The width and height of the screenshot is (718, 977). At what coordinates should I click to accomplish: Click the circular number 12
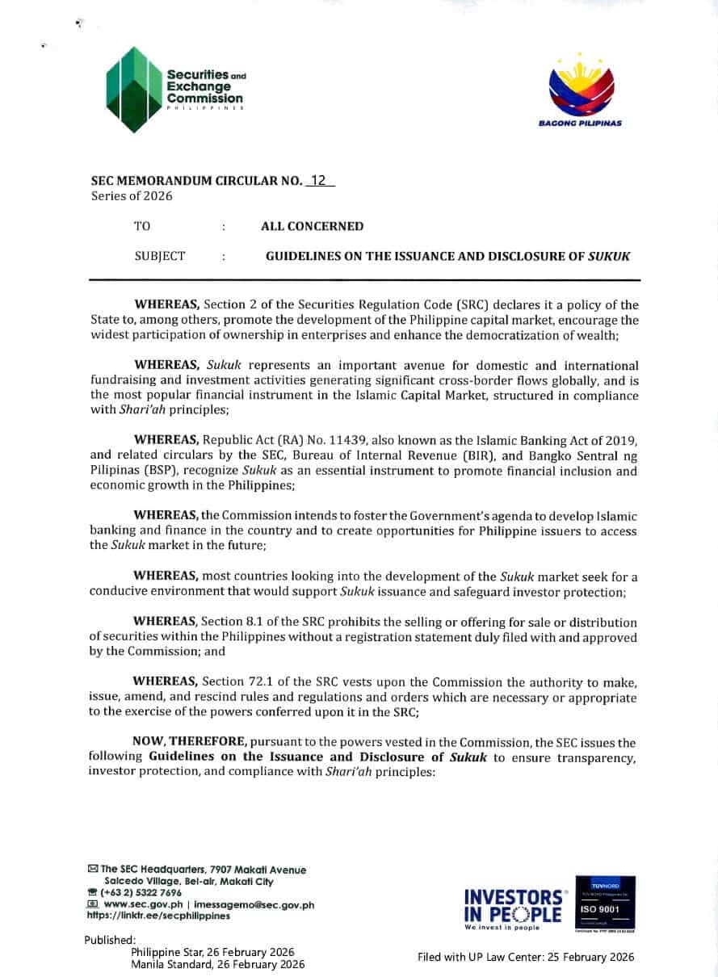click(x=319, y=182)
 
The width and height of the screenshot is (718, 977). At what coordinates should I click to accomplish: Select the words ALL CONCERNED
click(x=312, y=226)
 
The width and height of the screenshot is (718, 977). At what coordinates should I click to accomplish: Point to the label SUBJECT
click(x=160, y=256)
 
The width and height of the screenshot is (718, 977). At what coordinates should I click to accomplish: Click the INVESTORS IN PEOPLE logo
click(x=514, y=905)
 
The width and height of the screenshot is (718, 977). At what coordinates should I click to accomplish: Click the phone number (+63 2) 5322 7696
click(x=141, y=892)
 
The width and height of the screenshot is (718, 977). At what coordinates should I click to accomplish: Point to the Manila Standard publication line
click(x=217, y=964)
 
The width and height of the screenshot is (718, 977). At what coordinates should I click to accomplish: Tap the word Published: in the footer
click(x=110, y=940)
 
